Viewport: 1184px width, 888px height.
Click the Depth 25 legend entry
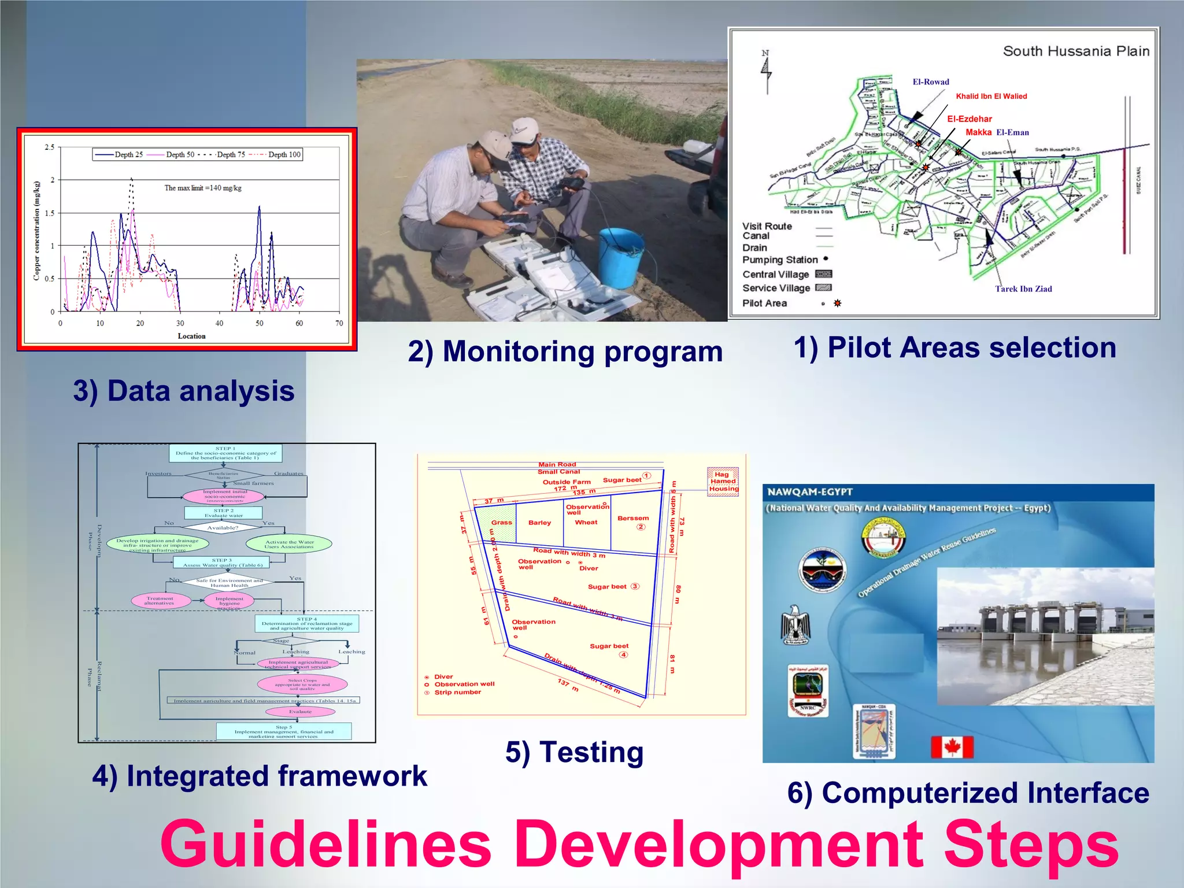[120, 154]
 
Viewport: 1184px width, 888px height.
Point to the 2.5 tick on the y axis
[50, 147]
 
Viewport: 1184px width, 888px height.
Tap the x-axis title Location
[191, 336]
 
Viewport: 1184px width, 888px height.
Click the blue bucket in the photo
[620, 257]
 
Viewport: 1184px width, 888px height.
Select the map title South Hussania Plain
[1076, 51]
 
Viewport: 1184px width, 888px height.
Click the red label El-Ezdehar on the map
[969, 119]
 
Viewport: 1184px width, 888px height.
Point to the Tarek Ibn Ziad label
[1023, 289]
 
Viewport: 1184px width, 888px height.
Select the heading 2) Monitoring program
[565, 351]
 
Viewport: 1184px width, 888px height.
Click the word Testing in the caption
[591, 752]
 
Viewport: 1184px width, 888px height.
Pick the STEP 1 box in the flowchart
[225, 453]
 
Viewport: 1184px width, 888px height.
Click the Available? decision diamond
[223, 527]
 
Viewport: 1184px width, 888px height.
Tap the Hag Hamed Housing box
[723, 481]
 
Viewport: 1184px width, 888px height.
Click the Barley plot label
[539, 523]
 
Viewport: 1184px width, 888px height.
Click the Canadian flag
[952, 747]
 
